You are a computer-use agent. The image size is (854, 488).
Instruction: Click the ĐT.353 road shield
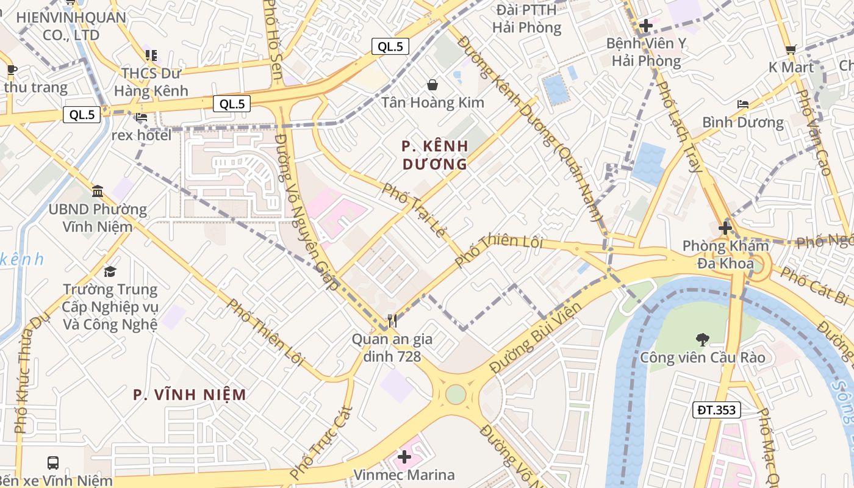[716, 410]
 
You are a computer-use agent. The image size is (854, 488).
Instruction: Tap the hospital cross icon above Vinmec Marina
[404, 456]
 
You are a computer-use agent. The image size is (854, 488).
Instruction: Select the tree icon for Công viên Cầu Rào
[702, 339]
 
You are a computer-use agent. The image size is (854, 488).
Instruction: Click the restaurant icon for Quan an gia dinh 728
[392, 320]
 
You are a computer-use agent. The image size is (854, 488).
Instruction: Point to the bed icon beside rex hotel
[142, 117]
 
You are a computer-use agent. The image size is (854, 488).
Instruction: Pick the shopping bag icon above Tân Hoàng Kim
[432, 84]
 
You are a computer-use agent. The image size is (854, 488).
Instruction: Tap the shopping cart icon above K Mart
[791, 49]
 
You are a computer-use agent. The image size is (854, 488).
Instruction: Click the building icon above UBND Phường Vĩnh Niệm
[98, 192]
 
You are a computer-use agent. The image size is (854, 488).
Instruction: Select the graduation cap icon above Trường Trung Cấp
[110, 271]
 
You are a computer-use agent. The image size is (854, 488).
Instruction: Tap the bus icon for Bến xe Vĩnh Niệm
[53, 463]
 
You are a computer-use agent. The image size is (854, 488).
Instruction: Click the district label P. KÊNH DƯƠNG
[435, 155]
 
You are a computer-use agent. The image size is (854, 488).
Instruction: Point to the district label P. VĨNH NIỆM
[190, 395]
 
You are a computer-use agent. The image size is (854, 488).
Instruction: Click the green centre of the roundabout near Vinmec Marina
[456, 394]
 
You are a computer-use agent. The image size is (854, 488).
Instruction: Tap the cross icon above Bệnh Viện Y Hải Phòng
[645, 26]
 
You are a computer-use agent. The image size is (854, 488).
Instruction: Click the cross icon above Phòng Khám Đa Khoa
[725, 229]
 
